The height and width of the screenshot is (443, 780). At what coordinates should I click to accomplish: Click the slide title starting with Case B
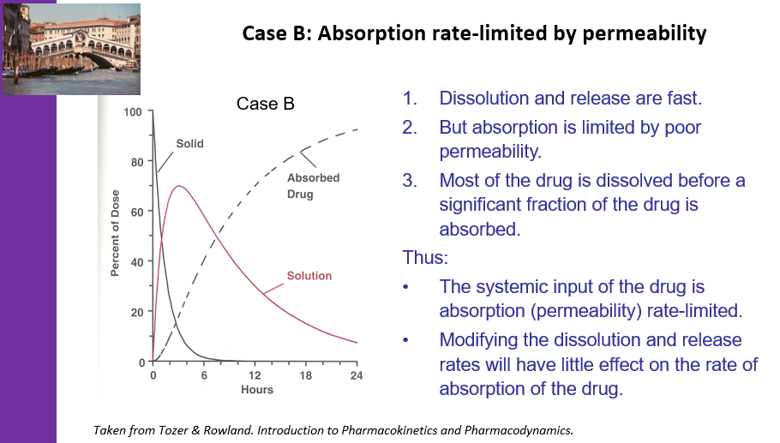tap(474, 33)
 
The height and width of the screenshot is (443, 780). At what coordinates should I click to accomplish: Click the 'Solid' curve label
tap(189, 144)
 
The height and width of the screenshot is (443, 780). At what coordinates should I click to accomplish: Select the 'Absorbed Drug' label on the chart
tap(313, 186)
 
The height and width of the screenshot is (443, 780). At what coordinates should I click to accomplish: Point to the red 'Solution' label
tap(309, 276)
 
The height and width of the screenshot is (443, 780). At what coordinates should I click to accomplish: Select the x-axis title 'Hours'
tap(256, 390)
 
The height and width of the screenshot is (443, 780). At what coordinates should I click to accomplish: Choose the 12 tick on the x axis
tap(255, 375)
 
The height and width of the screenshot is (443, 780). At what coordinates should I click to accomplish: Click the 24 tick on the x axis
tap(357, 375)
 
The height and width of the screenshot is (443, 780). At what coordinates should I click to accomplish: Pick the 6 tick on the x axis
tap(204, 375)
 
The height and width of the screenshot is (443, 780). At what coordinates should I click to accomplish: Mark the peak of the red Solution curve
tap(178, 186)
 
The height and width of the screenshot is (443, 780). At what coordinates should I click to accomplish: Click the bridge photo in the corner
tap(72, 49)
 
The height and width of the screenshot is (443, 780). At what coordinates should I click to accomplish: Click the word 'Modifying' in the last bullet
tap(480, 340)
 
